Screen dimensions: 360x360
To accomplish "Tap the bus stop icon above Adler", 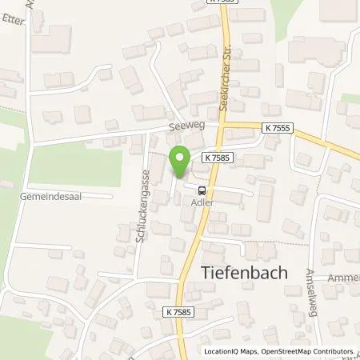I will pos(202,190).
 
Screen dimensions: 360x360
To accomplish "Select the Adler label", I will pos(202,202).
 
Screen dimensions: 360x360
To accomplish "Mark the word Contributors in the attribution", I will pos(332,351).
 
